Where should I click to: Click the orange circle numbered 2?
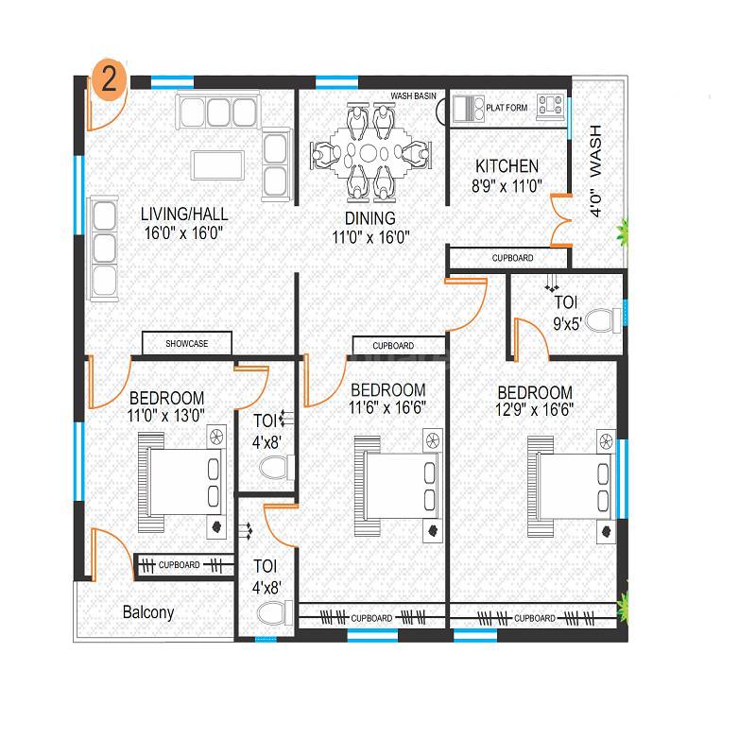click(109, 78)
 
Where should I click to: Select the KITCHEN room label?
click(507, 166)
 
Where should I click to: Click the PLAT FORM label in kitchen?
click(507, 108)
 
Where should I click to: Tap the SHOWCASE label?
click(186, 344)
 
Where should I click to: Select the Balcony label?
click(148, 612)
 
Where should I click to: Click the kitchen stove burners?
click(550, 106)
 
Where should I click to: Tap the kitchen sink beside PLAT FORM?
click(465, 107)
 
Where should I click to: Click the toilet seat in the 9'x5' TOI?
click(598, 321)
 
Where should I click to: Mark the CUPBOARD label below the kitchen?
click(512, 258)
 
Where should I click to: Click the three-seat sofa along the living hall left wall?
click(103, 248)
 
